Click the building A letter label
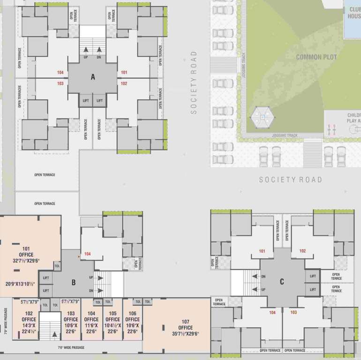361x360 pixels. (x=93, y=78)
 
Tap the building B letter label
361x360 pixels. (x=74, y=282)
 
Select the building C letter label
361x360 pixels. (x=282, y=281)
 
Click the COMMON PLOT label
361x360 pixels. (x=316, y=57)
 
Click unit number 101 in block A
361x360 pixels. (x=124, y=73)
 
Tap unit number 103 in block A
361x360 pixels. (x=60, y=83)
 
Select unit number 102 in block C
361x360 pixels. (x=302, y=251)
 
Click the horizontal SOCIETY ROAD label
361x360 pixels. (x=291, y=180)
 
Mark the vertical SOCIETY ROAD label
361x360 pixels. (x=193, y=82)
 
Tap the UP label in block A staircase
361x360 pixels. (x=86, y=57)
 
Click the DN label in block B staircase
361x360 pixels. (x=91, y=291)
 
